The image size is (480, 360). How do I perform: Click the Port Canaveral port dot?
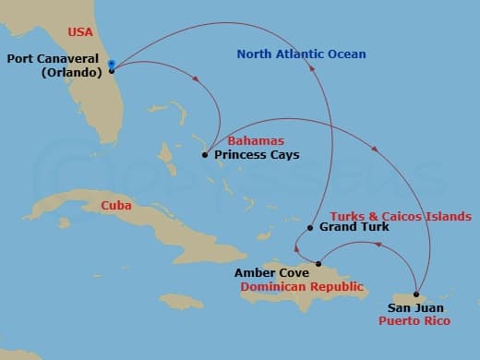tap(112, 70)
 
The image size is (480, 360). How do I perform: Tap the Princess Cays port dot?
tap(205, 155)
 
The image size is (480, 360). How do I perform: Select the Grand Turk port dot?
tap(310, 227)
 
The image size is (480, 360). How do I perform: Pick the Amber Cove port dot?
tap(318, 264)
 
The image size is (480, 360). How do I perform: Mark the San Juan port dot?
tap(416, 294)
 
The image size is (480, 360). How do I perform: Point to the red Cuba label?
tap(116, 205)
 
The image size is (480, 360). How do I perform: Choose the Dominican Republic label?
tap(301, 286)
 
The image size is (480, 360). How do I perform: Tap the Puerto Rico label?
tap(414, 320)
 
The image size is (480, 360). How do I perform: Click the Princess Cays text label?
tap(257, 155)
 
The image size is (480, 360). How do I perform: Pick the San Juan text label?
tap(415, 307)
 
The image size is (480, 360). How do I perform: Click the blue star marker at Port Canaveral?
tap(112, 64)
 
